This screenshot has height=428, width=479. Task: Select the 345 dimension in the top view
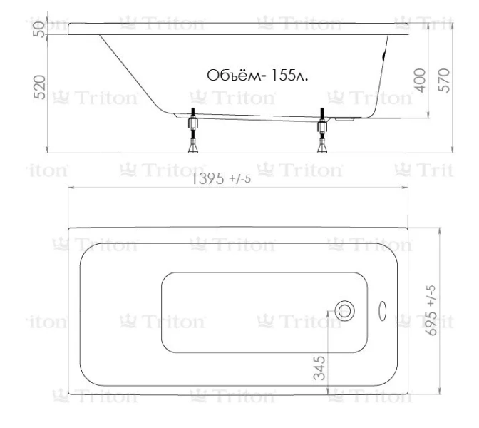tap(321, 368)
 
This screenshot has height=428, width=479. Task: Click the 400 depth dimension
tap(420, 80)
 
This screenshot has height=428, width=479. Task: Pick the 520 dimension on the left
tap(41, 87)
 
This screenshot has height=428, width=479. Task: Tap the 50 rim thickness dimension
tap(41, 29)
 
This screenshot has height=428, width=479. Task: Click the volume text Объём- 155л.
tap(257, 76)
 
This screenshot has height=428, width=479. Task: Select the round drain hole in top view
tap(345, 310)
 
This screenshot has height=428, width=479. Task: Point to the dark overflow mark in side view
tap(386, 56)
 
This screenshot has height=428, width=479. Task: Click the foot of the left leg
tap(192, 148)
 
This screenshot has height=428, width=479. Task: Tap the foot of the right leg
tap(322, 148)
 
